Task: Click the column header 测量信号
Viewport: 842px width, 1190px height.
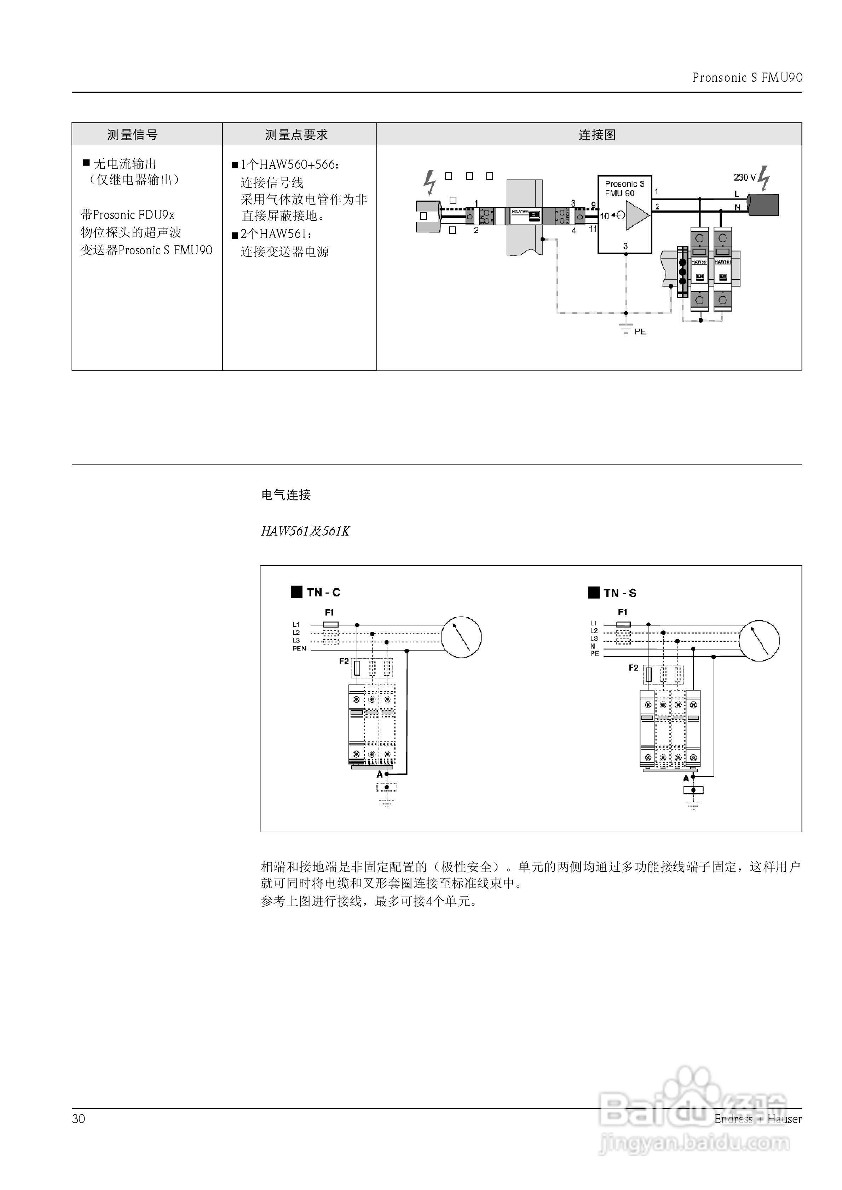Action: (x=132, y=135)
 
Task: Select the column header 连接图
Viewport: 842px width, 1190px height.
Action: (x=597, y=135)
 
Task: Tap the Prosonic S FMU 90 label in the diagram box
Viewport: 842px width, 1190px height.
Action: (x=624, y=189)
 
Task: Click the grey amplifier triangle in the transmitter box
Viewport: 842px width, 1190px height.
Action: (x=637, y=215)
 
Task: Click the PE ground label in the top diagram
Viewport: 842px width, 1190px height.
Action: (x=640, y=332)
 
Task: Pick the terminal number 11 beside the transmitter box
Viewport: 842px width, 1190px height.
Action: (x=593, y=229)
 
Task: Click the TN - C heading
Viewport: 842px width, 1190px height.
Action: (x=323, y=593)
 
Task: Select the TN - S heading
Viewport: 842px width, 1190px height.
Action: (x=619, y=593)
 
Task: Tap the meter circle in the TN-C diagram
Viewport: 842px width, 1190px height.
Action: (x=461, y=637)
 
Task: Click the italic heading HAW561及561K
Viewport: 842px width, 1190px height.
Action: (x=305, y=532)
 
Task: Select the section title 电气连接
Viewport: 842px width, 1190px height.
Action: (x=286, y=495)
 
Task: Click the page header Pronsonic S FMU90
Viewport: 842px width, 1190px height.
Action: (x=747, y=78)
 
